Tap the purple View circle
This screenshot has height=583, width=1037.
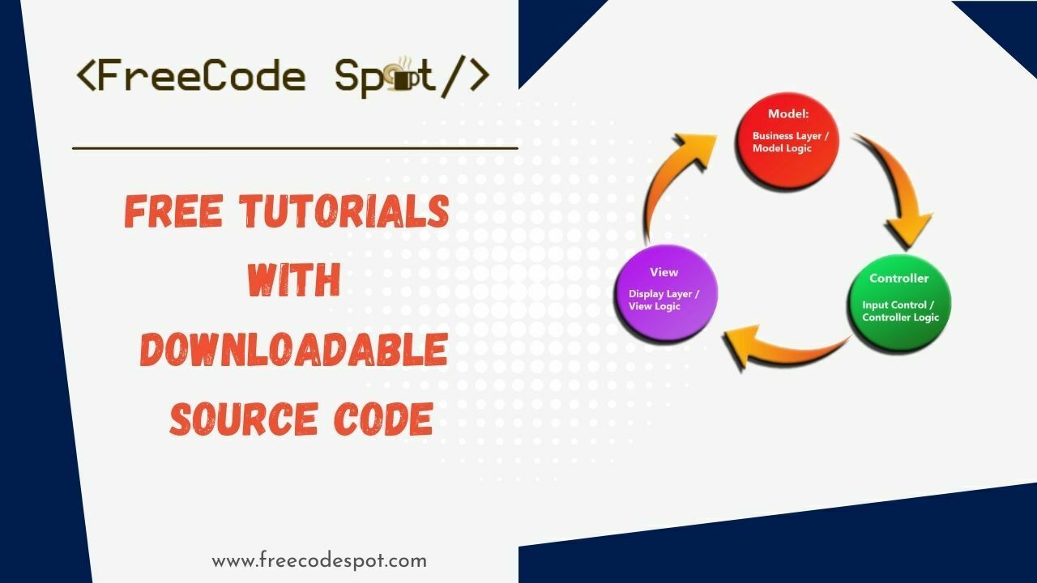click(x=666, y=292)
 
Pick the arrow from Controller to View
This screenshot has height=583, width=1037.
click(x=782, y=346)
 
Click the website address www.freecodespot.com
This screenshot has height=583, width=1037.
click(x=319, y=560)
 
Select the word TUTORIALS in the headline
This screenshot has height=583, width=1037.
click(x=344, y=212)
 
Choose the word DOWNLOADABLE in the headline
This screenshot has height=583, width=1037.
click(x=294, y=350)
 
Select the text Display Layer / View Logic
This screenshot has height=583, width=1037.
click(x=664, y=300)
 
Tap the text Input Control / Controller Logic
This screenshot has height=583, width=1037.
click(x=900, y=312)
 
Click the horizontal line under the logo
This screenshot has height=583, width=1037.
click(x=295, y=148)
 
